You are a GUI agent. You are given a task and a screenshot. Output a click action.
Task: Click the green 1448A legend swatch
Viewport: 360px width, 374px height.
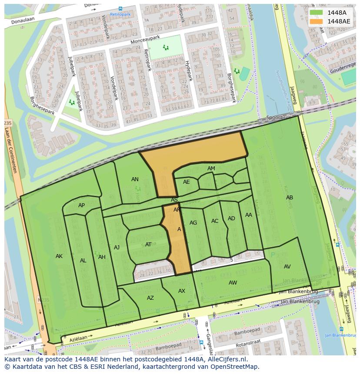pyautogui.click(x=316, y=13)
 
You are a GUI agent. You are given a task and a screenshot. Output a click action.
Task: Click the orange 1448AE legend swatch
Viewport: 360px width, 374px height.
pyautogui.click(x=316, y=21)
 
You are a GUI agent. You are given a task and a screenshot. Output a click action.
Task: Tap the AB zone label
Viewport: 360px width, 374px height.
pyautogui.click(x=289, y=198)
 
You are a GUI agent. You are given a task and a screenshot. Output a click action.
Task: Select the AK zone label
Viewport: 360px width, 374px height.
pyautogui.click(x=59, y=256)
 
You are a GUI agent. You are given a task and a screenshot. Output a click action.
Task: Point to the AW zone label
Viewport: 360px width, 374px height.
pyautogui.click(x=233, y=283)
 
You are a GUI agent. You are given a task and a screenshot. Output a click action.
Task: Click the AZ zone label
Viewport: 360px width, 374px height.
pyautogui.click(x=150, y=298)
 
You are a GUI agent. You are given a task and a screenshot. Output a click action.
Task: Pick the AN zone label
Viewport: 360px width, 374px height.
pyautogui.click(x=135, y=179)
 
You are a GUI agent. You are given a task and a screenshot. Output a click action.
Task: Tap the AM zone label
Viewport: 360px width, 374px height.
pyautogui.click(x=211, y=169)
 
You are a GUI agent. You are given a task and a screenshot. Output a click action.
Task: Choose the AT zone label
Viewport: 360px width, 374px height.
pyautogui.click(x=148, y=245)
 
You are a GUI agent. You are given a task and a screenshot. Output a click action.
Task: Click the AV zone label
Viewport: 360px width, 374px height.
pyautogui.click(x=287, y=267)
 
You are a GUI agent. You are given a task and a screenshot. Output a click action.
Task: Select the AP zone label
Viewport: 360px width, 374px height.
pyautogui.click(x=81, y=205)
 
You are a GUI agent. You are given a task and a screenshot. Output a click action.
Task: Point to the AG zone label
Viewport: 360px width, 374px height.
pyautogui.click(x=193, y=223)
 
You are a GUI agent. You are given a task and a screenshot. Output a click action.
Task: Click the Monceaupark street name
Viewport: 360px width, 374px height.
pyautogui.click(x=145, y=40)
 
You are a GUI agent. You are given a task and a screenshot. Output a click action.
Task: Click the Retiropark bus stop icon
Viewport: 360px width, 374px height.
pyautogui.click(x=120, y=8)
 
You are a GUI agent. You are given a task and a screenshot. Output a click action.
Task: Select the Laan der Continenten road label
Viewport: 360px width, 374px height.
pyautogui.click(x=11, y=150)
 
